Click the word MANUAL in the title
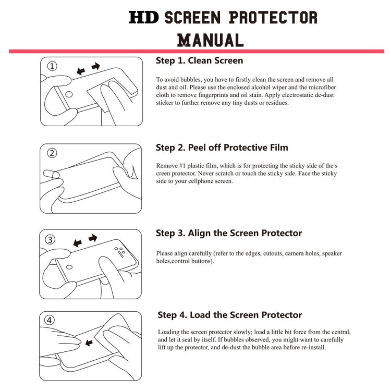[x=210, y=40]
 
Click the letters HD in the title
[x=144, y=18]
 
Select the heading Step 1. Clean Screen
[x=199, y=60]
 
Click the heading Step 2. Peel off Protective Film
[x=222, y=148]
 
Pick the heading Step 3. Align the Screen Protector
[x=229, y=233]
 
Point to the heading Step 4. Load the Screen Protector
[x=230, y=315]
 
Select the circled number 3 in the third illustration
[x=51, y=239]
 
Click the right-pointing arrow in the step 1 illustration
[x=95, y=66]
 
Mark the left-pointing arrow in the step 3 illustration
[x=78, y=243]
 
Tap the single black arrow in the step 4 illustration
[x=89, y=343]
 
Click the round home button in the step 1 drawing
[x=68, y=95]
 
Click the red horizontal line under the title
[x=195, y=51]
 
